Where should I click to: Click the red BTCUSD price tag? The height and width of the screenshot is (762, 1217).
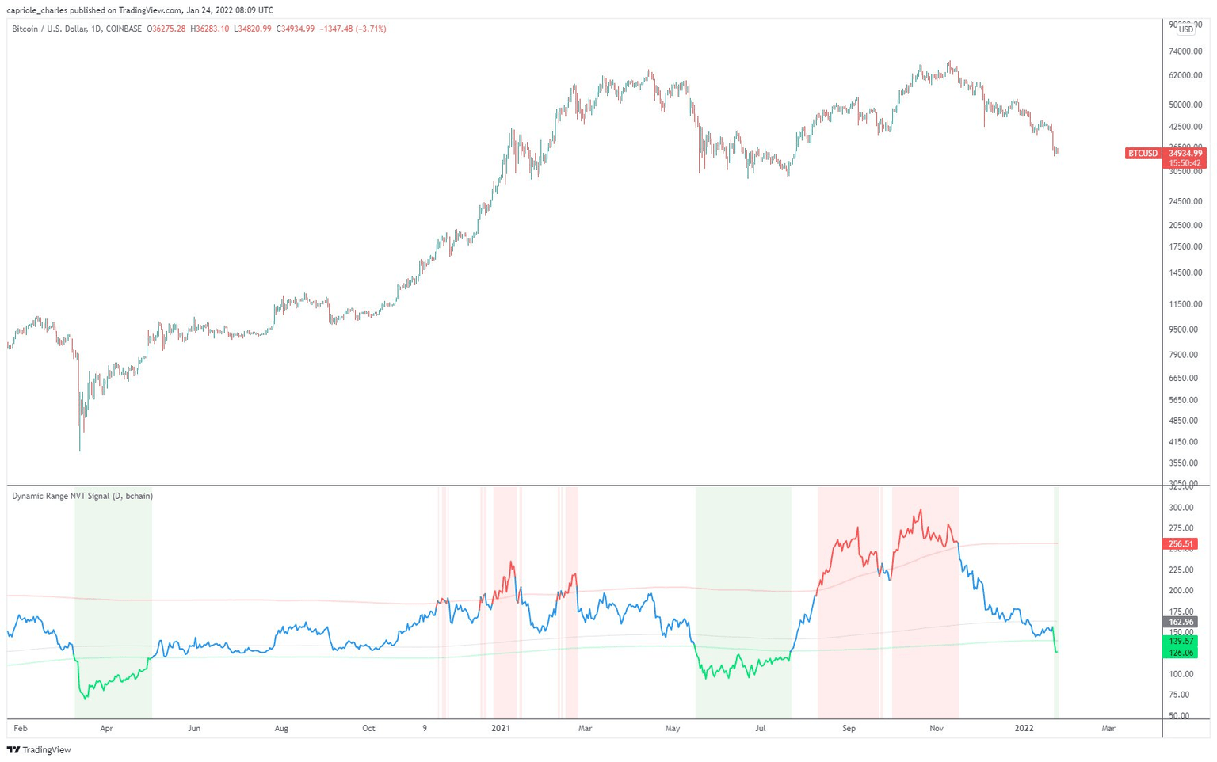pyautogui.click(x=1142, y=154)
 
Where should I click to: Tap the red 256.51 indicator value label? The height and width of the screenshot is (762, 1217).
pyautogui.click(x=1180, y=544)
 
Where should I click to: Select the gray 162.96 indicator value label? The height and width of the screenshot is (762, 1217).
pyautogui.click(x=1180, y=623)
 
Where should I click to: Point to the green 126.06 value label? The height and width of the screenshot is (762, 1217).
pyautogui.click(x=1180, y=653)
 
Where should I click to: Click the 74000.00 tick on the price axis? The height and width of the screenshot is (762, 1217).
pyautogui.click(x=1185, y=51)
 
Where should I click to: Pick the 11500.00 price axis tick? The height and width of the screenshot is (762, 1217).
pyautogui.click(x=1185, y=304)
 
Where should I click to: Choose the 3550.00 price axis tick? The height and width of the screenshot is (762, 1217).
pyautogui.click(x=1185, y=463)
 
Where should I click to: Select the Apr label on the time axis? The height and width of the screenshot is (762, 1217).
pyautogui.click(x=106, y=728)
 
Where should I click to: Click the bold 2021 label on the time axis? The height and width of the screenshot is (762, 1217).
pyautogui.click(x=501, y=728)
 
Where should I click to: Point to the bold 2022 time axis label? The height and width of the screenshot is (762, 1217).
pyautogui.click(x=1024, y=728)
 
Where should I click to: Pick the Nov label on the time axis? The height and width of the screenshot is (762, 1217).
pyautogui.click(x=937, y=728)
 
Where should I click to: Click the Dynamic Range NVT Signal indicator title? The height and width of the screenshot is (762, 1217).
pyautogui.click(x=82, y=496)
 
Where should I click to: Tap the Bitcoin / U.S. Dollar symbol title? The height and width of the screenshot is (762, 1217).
pyautogui.click(x=77, y=29)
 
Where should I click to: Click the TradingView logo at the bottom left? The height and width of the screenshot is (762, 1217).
pyautogui.click(x=39, y=749)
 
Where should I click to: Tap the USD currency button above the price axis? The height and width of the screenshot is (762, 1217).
pyautogui.click(x=1185, y=29)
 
